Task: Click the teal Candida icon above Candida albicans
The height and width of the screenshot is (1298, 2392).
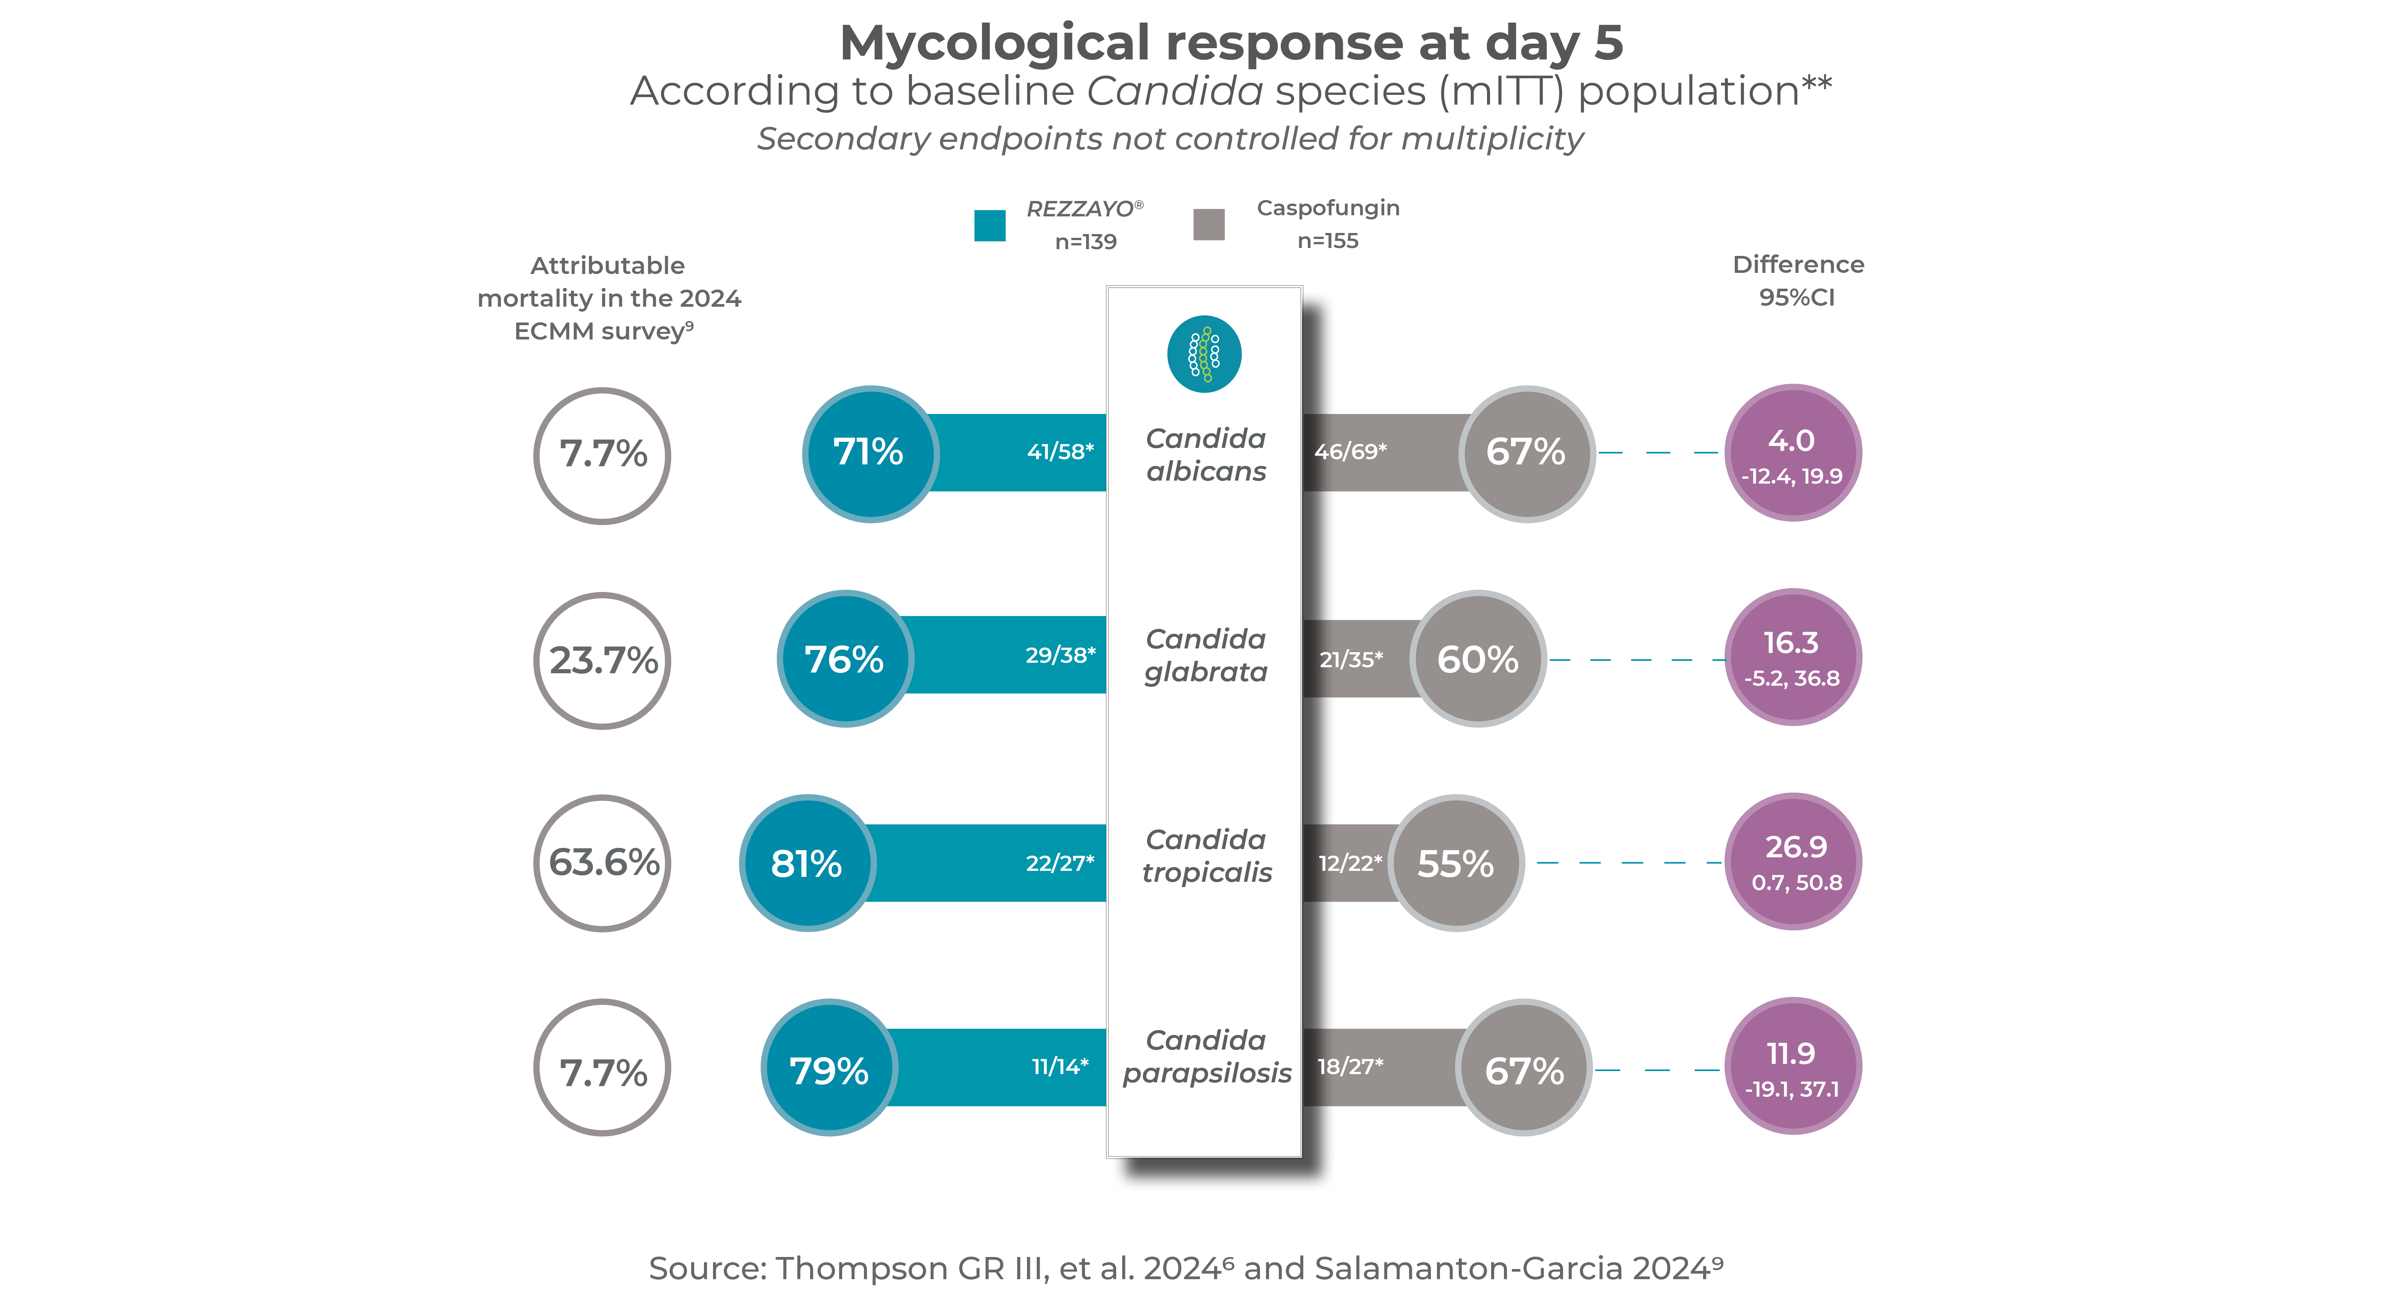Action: [x=1204, y=354]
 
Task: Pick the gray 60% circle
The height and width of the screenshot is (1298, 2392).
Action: [x=1478, y=659]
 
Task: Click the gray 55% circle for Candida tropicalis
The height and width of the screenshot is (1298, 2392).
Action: [x=1456, y=863]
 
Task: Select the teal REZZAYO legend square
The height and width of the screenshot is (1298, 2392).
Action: [x=990, y=225]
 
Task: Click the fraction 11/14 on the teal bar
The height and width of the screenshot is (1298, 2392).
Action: [x=1059, y=1067]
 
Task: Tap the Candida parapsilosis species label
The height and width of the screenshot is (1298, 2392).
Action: [x=1206, y=1057]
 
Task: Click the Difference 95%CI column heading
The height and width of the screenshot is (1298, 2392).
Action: [x=1798, y=280]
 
